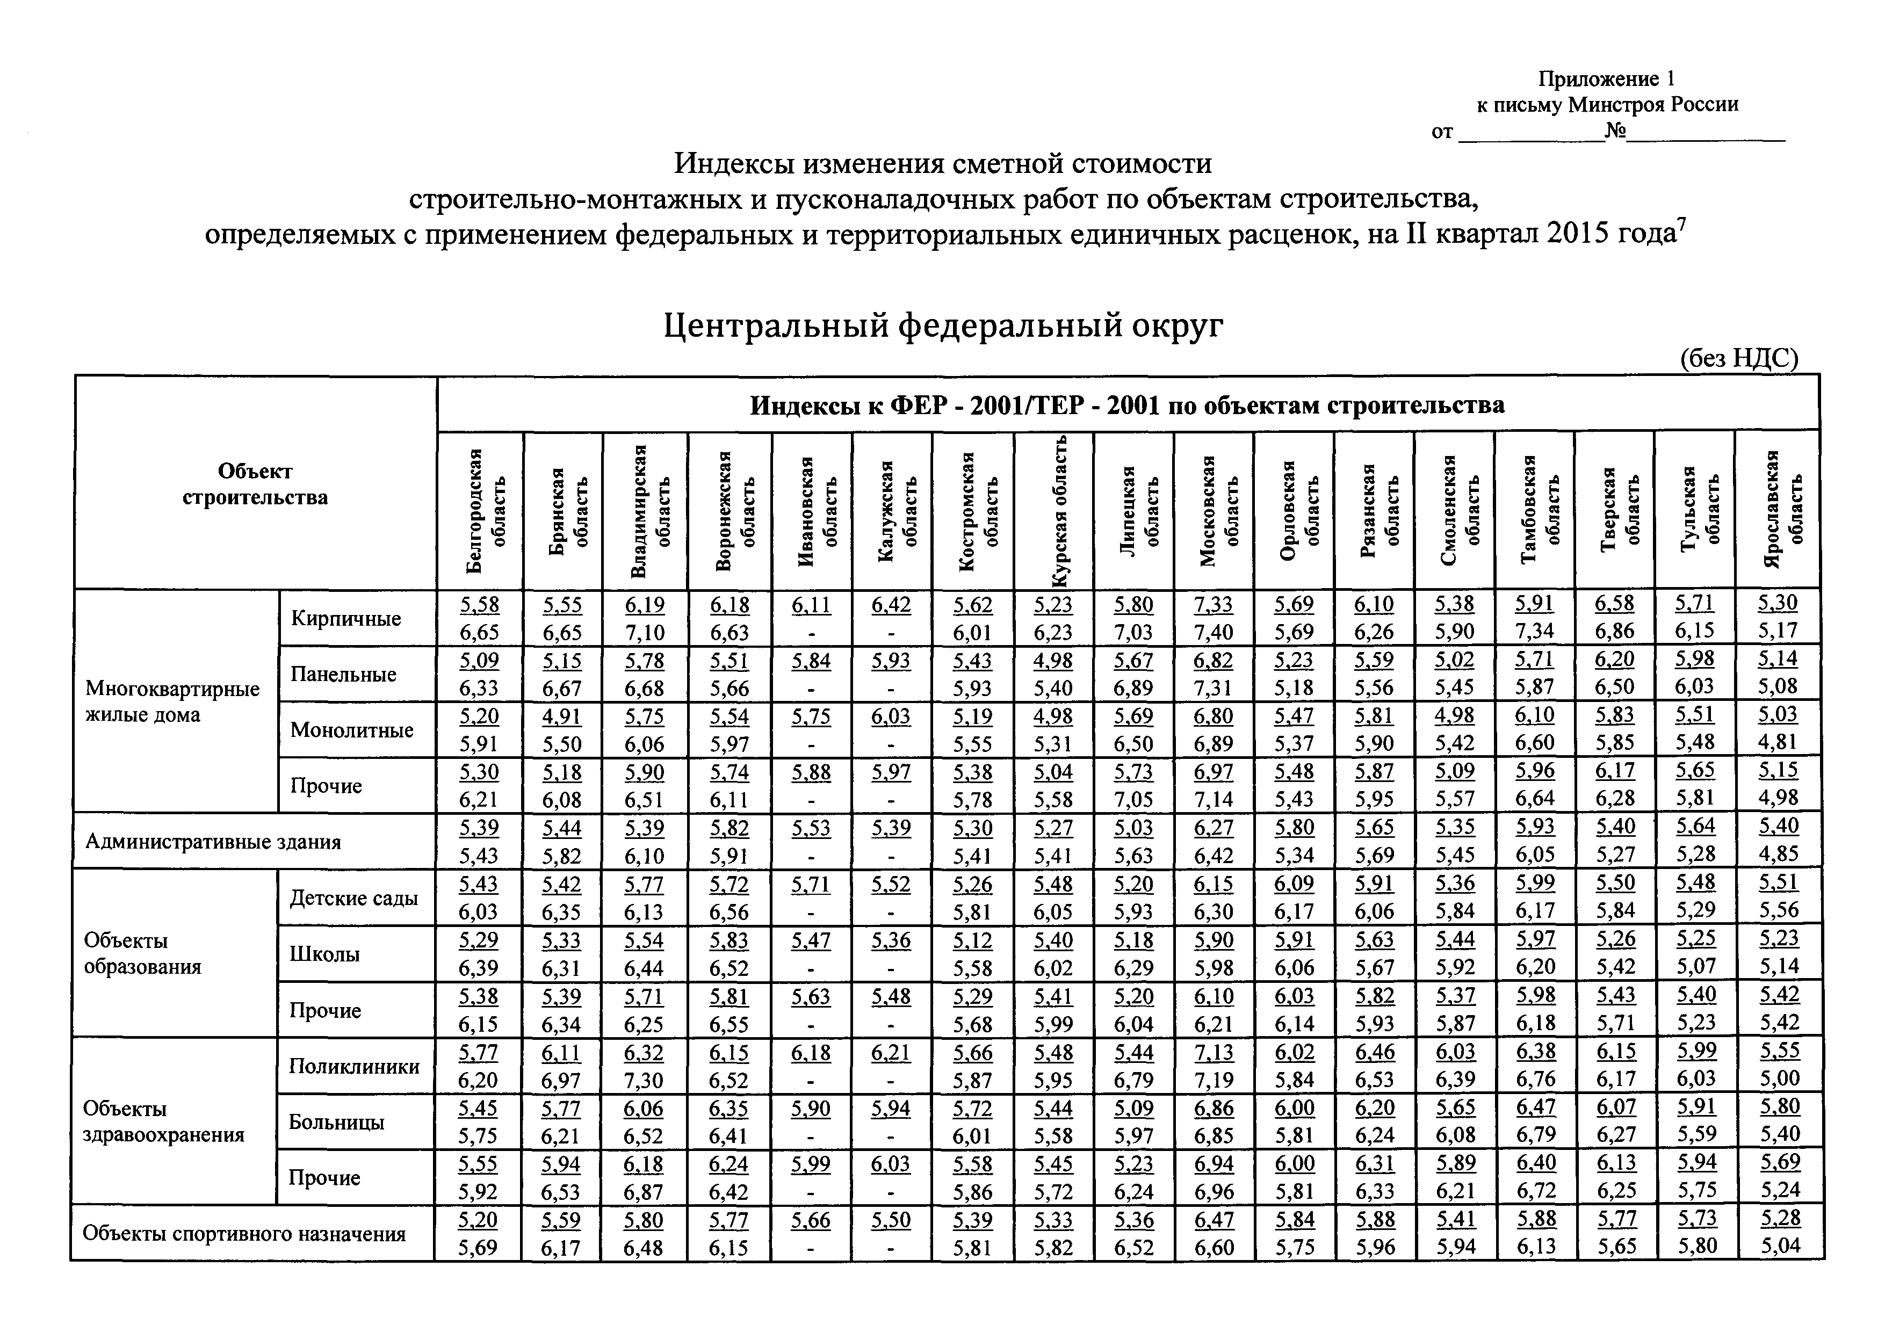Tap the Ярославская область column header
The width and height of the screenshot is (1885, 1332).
click(x=1778, y=509)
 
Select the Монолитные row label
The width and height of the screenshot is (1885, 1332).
click(x=351, y=729)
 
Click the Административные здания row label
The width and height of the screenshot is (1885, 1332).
click(x=213, y=841)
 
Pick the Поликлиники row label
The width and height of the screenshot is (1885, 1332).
click(x=354, y=1066)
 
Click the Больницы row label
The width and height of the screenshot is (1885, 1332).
click(x=337, y=1122)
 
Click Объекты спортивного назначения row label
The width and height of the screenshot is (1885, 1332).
click(x=244, y=1234)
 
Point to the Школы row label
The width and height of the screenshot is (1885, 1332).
click(x=324, y=954)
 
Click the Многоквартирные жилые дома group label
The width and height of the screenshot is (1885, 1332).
click(x=172, y=701)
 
